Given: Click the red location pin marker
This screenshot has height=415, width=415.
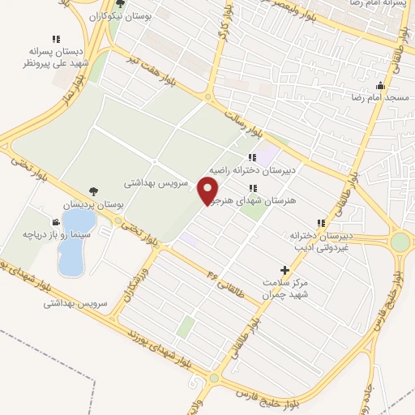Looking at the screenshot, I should [x=209, y=190].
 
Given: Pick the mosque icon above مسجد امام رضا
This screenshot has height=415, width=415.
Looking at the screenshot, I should [x=380, y=85].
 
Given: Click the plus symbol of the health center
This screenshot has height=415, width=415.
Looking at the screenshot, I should [x=284, y=269].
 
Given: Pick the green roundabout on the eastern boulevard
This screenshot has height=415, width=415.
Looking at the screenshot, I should [x=400, y=242].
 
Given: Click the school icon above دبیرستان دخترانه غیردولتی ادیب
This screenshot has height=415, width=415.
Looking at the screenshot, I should [x=322, y=223].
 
